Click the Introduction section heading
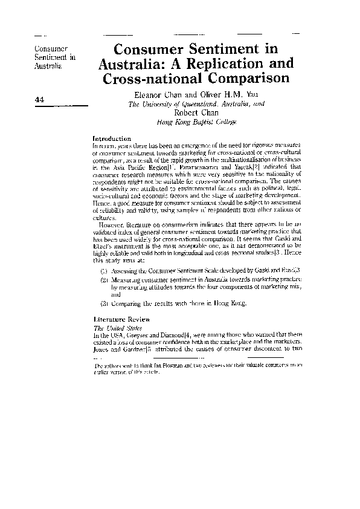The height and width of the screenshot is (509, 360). click(112, 138)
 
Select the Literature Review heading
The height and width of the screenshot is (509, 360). click(119, 319)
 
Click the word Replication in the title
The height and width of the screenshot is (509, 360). click(222, 63)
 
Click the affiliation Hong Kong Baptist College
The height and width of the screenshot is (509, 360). click(196, 122)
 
